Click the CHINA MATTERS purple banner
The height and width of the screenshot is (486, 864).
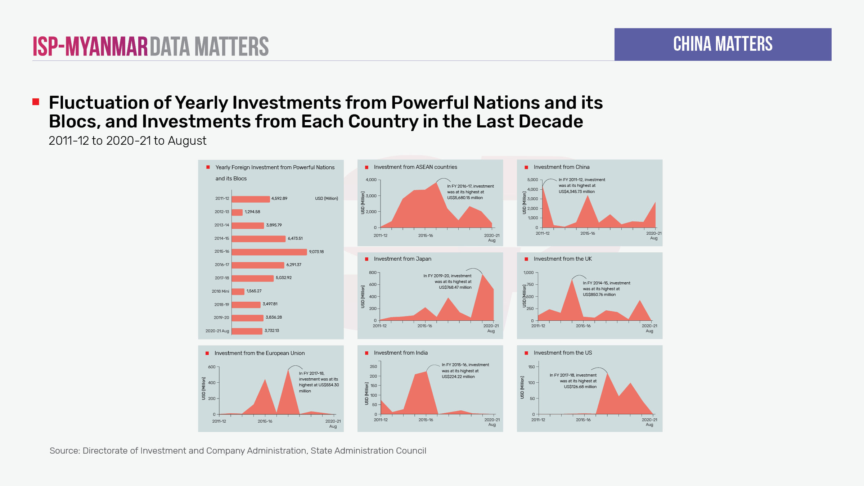723,44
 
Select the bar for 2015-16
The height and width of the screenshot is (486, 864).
269,252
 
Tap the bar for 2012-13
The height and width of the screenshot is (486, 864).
237,212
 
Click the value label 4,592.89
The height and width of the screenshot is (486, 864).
279,198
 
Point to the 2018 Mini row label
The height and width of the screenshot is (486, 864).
220,291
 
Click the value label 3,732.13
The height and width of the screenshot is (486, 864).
272,330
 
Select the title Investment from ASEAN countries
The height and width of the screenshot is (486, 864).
415,167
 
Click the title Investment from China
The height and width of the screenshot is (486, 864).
562,167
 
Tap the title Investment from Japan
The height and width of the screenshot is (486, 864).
402,259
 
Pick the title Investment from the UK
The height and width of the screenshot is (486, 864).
563,259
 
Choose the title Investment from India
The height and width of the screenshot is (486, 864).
401,353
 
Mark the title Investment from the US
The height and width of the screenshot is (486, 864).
563,353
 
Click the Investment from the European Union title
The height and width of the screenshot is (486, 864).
260,353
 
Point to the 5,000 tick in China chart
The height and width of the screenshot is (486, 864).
532,180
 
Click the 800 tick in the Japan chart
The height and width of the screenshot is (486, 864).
373,273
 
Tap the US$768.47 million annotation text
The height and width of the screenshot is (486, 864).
455,287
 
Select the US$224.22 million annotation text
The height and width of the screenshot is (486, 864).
458,377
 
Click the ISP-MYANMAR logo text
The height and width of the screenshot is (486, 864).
90,46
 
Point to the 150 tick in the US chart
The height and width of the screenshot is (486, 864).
531,367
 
